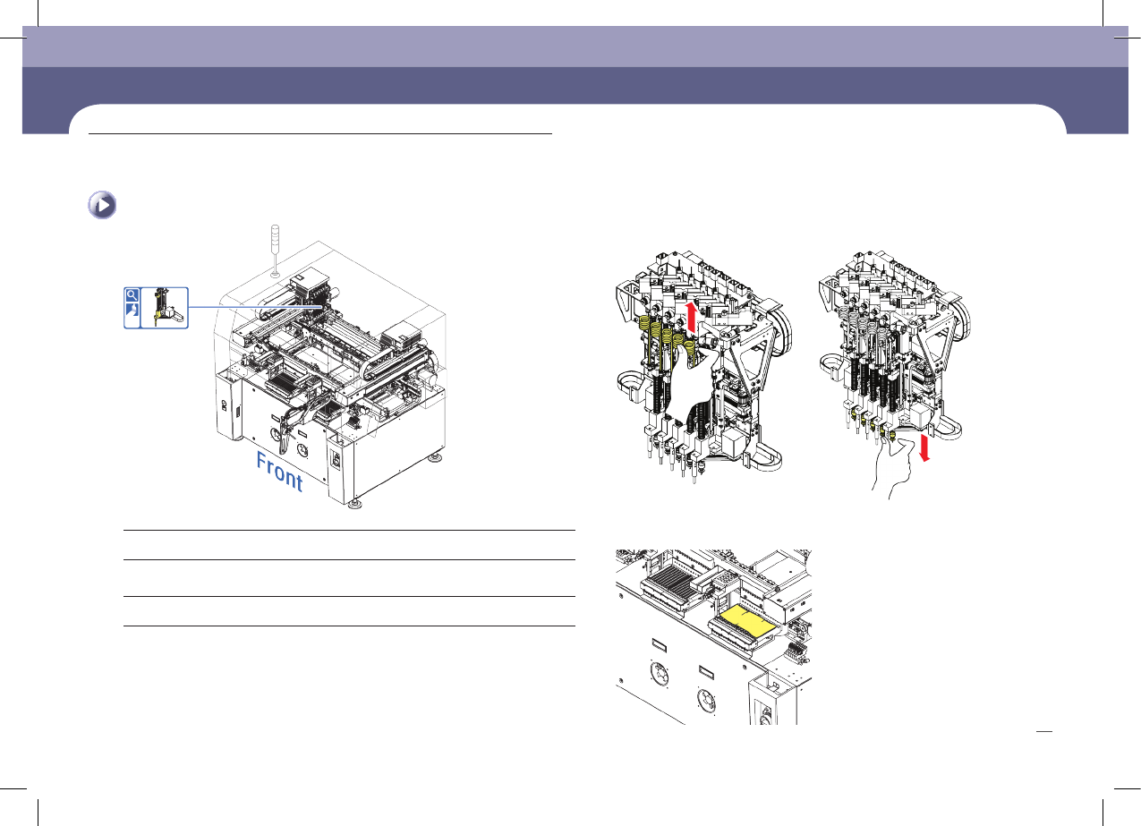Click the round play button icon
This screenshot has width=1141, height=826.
102,205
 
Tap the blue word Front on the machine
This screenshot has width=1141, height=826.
279,472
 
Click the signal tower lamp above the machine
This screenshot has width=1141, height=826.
275,250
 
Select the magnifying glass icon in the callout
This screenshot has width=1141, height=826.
132,295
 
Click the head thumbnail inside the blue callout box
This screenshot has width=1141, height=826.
164,308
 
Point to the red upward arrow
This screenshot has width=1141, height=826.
690,318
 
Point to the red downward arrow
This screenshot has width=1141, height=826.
924,447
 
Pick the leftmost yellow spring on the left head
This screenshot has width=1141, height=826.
643,324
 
